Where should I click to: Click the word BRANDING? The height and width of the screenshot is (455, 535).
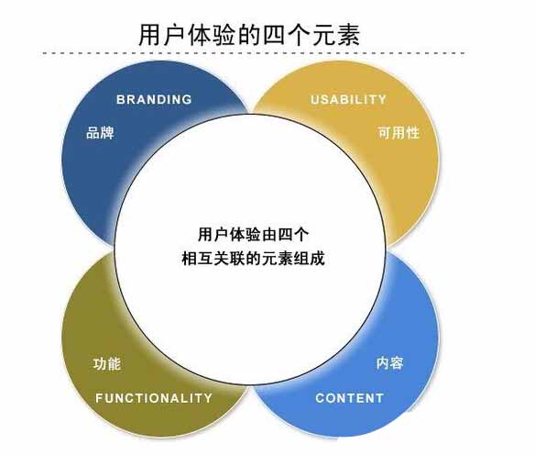154,99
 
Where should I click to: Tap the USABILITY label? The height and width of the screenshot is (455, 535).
348,99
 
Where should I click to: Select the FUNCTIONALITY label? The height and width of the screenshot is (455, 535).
154,398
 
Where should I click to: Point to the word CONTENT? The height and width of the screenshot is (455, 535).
350,398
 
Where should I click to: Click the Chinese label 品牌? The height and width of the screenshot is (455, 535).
100,132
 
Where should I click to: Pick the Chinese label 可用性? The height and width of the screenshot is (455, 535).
399,132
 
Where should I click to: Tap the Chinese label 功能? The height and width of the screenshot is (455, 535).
107,364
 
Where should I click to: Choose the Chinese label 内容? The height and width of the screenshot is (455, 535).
390,363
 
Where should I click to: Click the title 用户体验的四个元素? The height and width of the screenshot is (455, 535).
249,35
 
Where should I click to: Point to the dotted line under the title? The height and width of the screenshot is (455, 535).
254,53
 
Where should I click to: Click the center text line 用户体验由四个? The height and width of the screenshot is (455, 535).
254,235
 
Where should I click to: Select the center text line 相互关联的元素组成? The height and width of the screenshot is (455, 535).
253,259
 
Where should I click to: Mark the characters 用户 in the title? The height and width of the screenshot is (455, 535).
162,35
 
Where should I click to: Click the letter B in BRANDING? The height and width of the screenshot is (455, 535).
121,99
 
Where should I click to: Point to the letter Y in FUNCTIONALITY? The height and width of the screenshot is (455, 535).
208,398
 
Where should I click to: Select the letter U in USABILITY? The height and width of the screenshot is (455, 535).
314,99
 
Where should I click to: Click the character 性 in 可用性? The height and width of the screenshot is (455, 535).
413,132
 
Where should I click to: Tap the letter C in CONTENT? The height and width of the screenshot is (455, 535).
320,398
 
